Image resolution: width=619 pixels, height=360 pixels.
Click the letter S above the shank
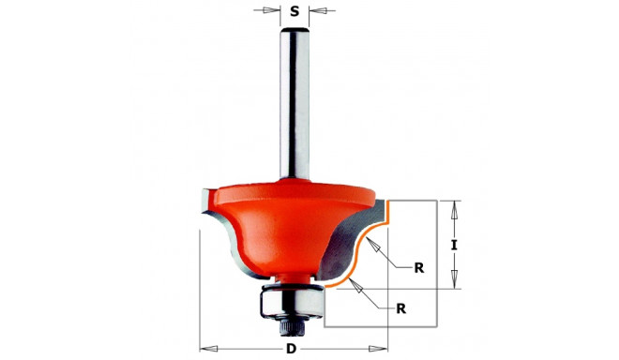(294, 12)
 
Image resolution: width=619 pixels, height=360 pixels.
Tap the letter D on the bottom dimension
(292, 348)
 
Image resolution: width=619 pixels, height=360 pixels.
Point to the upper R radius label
(418, 267)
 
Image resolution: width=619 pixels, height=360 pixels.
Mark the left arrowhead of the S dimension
(274, 12)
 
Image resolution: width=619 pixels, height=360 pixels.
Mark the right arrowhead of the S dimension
(316, 12)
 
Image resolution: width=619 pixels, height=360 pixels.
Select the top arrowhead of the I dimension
(454, 205)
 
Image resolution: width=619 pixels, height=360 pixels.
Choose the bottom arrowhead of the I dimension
(454, 283)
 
